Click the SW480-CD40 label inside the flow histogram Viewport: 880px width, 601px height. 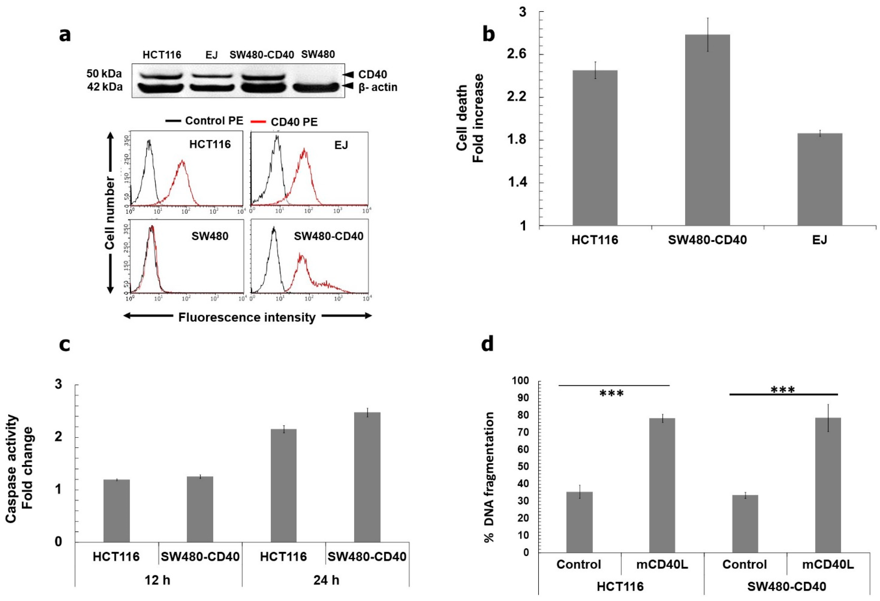(x=328, y=236)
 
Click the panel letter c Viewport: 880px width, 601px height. (x=65, y=345)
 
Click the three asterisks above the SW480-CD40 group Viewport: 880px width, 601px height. (x=783, y=390)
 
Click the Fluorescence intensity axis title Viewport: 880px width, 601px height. (x=247, y=317)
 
